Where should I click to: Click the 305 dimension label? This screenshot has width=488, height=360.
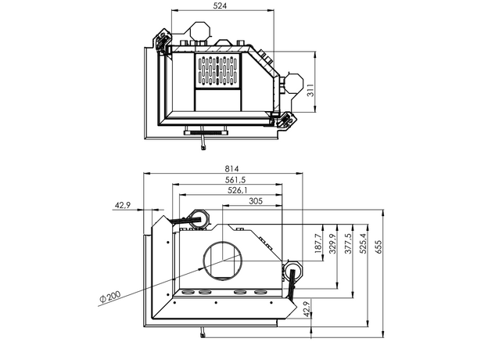254,201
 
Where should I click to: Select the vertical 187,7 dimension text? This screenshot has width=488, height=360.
318,244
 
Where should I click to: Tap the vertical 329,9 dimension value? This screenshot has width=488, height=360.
333,244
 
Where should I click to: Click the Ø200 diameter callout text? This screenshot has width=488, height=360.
112,298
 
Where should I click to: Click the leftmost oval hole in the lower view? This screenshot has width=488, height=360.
187,293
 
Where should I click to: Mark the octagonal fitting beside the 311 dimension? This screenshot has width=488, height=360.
292,83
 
